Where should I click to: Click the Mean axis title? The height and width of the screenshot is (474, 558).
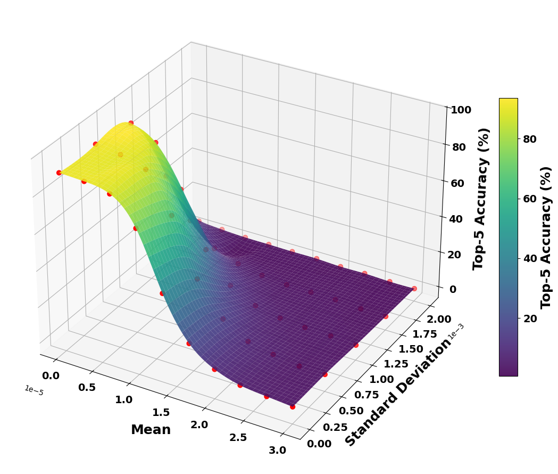pos(151,430)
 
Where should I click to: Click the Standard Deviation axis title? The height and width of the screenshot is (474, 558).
pos(398,393)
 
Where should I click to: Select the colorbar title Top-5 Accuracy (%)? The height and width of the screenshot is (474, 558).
pos(546,238)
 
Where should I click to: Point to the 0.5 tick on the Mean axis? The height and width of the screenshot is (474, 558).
pos(87,387)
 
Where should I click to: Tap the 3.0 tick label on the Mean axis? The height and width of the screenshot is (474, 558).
pos(277,451)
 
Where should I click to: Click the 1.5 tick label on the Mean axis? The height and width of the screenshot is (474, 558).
pos(161,412)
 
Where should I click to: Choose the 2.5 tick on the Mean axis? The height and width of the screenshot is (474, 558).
pos(238,437)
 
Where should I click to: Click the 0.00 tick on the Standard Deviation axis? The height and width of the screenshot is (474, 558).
pos(319,443)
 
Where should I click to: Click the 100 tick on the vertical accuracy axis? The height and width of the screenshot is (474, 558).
pos(461,110)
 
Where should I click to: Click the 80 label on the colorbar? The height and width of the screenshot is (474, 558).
pos(529,139)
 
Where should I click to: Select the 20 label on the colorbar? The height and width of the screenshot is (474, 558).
pos(529,318)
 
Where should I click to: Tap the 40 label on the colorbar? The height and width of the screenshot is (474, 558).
pos(529,259)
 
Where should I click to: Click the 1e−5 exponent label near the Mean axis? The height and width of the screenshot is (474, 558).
pos(33,390)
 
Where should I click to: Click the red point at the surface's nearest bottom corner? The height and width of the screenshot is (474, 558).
pos(293,406)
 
